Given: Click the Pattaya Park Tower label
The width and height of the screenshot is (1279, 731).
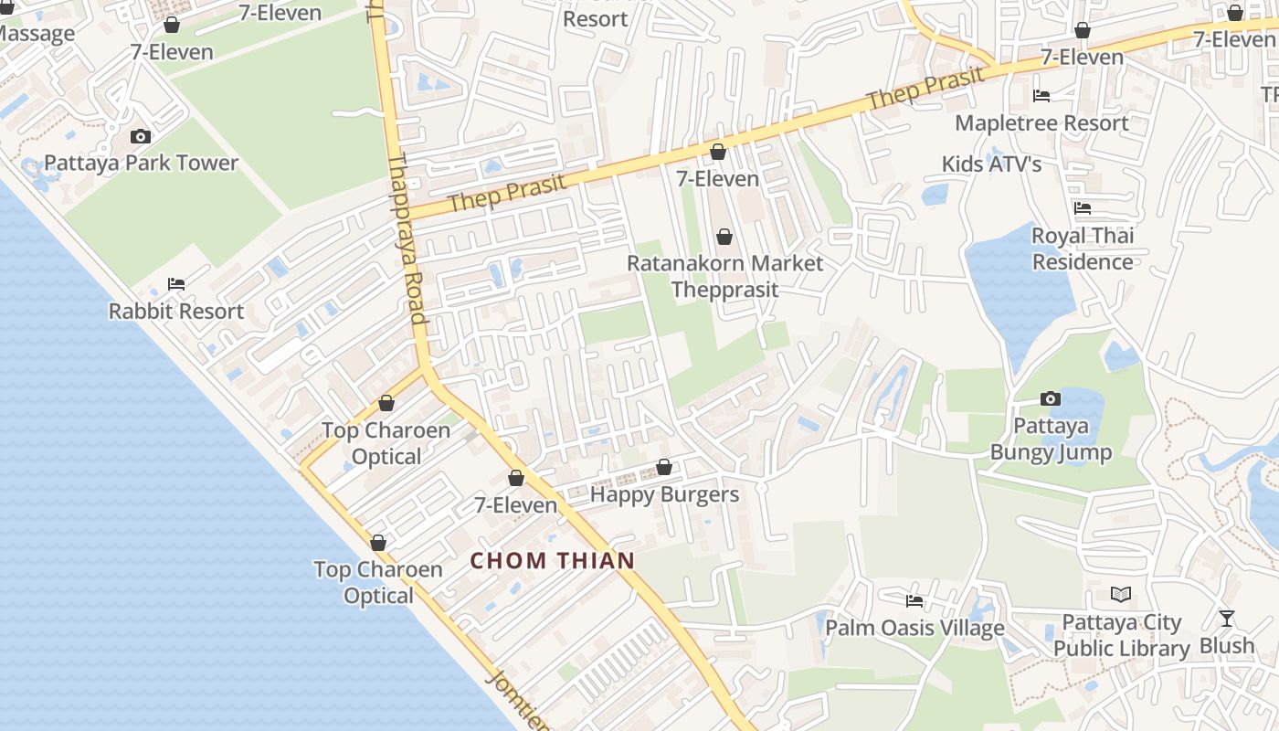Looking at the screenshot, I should [x=141, y=164].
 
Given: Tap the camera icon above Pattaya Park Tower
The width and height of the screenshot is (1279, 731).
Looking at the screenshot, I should [x=141, y=137].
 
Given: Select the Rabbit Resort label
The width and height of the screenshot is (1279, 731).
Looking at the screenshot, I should [x=176, y=311].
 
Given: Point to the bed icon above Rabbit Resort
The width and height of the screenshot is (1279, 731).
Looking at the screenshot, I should [x=176, y=284].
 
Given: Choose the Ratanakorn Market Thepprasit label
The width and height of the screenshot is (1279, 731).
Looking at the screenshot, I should [x=724, y=276].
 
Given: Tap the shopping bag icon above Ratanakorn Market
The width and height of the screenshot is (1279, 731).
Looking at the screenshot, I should [x=724, y=238].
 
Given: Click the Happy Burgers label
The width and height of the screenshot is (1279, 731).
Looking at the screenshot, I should [x=664, y=494].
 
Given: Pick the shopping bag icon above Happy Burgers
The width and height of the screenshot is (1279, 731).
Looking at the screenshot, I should [x=664, y=468].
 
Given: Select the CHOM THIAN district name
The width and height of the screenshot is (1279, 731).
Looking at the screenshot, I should [x=553, y=560].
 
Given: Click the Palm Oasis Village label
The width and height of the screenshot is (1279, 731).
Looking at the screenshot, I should [x=914, y=628].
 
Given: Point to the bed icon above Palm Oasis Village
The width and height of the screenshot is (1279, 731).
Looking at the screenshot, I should [x=914, y=601].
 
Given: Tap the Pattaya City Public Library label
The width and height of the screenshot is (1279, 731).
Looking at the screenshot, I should [x=1121, y=635].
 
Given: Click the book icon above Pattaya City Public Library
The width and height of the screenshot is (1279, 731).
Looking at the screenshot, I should [x=1121, y=595].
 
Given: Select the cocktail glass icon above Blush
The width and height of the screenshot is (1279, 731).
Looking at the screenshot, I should [x=1227, y=620].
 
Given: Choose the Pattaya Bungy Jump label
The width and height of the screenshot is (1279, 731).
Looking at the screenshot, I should [x=1051, y=439].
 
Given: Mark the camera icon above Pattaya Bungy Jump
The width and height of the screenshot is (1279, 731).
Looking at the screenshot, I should [x=1051, y=399].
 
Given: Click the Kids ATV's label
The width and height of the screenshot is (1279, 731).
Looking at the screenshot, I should [x=992, y=164].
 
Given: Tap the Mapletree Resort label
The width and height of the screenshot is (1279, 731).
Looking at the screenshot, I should [x=1041, y=122].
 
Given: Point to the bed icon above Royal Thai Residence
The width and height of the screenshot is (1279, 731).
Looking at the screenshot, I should [x=1083, y=208].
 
